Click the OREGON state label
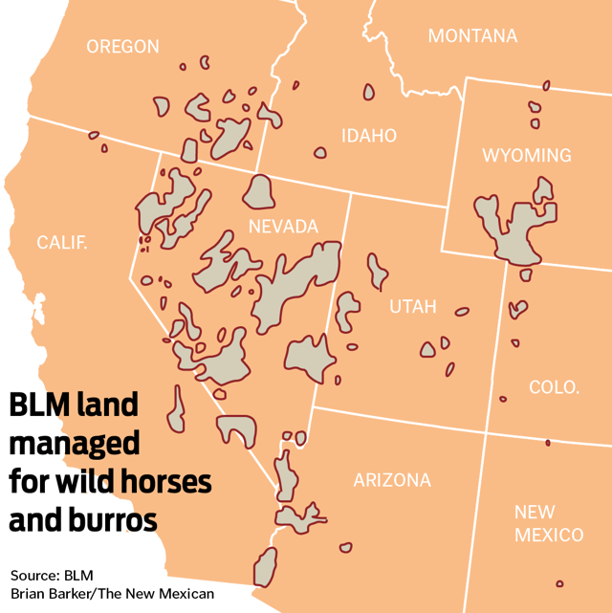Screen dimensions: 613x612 pos(122,46)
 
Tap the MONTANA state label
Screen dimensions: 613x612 pos(472,36)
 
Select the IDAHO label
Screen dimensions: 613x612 pos(369,136)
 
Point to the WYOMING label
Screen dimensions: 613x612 pos(526,155)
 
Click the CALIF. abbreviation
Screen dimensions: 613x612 pos(62,242)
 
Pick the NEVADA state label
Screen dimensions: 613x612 pos(282,227)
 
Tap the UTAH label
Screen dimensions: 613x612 pos(412,307)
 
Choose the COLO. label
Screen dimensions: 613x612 pos(555,387)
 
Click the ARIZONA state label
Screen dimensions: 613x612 pos(392,480)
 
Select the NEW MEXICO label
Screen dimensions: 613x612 pos(549,523)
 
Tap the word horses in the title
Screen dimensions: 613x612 pos(162,482)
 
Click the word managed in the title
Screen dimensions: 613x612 pos(75,444)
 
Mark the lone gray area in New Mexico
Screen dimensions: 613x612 pos(559,583)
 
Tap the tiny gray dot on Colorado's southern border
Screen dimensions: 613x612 pos(548,443)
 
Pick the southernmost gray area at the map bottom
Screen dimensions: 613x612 pos(264,566)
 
